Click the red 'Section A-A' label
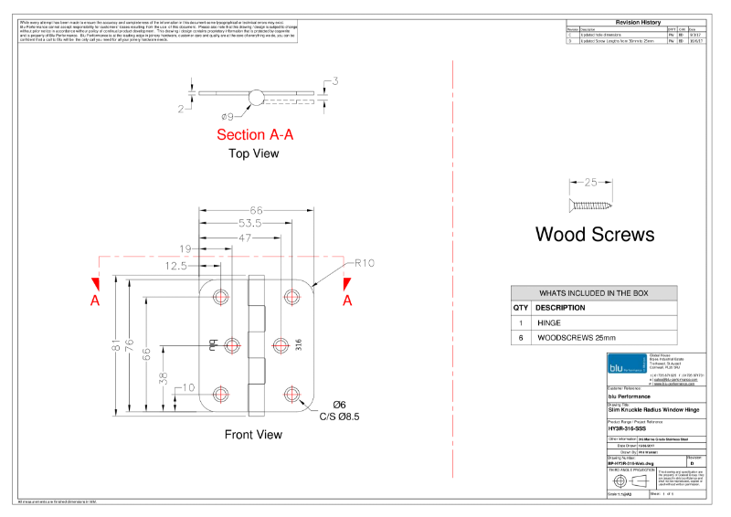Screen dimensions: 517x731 [x=255, y=135]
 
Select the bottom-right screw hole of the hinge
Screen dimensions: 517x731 [x=292, y=395]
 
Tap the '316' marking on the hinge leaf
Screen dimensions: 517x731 [x=299, y=344]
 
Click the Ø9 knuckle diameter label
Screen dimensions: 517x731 [x=228, y=116]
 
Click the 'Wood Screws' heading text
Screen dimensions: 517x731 [x=594, y=235]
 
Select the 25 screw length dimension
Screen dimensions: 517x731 [x=590, y=182]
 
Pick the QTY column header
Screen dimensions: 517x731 [x=520, y=308]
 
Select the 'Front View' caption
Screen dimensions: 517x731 [x=253, y=435]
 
